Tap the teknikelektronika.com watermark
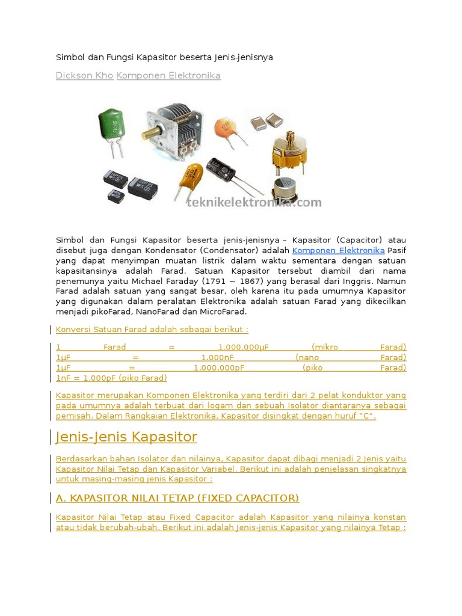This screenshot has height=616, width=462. point(254,203)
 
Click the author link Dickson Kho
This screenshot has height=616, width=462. point(84,76)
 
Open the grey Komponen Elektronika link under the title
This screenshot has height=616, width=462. point(168,76)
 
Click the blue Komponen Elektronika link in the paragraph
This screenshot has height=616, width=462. point(338,250)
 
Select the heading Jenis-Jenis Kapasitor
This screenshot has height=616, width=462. point(126,437)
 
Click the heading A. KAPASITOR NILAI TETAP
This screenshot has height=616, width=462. point(177,498)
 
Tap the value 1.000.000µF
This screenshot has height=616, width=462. point(242,347)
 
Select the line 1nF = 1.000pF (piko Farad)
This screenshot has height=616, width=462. point(111,378)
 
